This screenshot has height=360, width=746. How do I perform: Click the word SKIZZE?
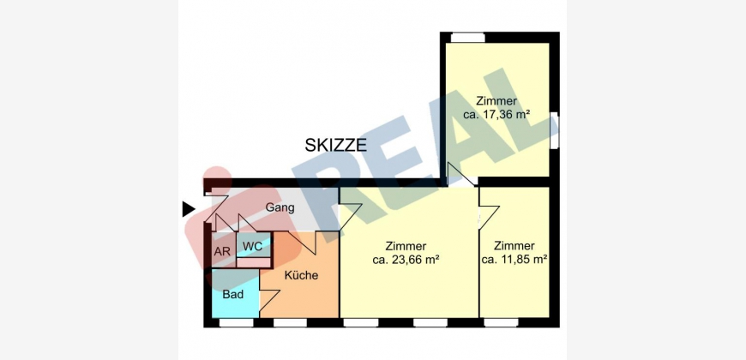336,145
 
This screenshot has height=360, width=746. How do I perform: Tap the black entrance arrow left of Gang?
189,209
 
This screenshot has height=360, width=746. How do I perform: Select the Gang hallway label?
280,207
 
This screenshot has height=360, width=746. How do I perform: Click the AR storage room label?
222,252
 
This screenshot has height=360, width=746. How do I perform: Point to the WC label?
253,247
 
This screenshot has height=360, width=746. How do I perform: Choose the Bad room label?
233,294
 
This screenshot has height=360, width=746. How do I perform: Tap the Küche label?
301,275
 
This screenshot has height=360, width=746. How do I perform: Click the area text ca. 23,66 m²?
406,260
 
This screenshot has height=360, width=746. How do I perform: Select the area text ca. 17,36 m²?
496,115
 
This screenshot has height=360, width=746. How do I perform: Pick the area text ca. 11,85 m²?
514,260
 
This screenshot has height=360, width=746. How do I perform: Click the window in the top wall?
467,37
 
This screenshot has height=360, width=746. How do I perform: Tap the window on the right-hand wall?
554,131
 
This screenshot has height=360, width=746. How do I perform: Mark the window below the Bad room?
237,323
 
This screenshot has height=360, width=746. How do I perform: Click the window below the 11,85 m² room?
501,323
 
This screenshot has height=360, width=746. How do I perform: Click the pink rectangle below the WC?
254,262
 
